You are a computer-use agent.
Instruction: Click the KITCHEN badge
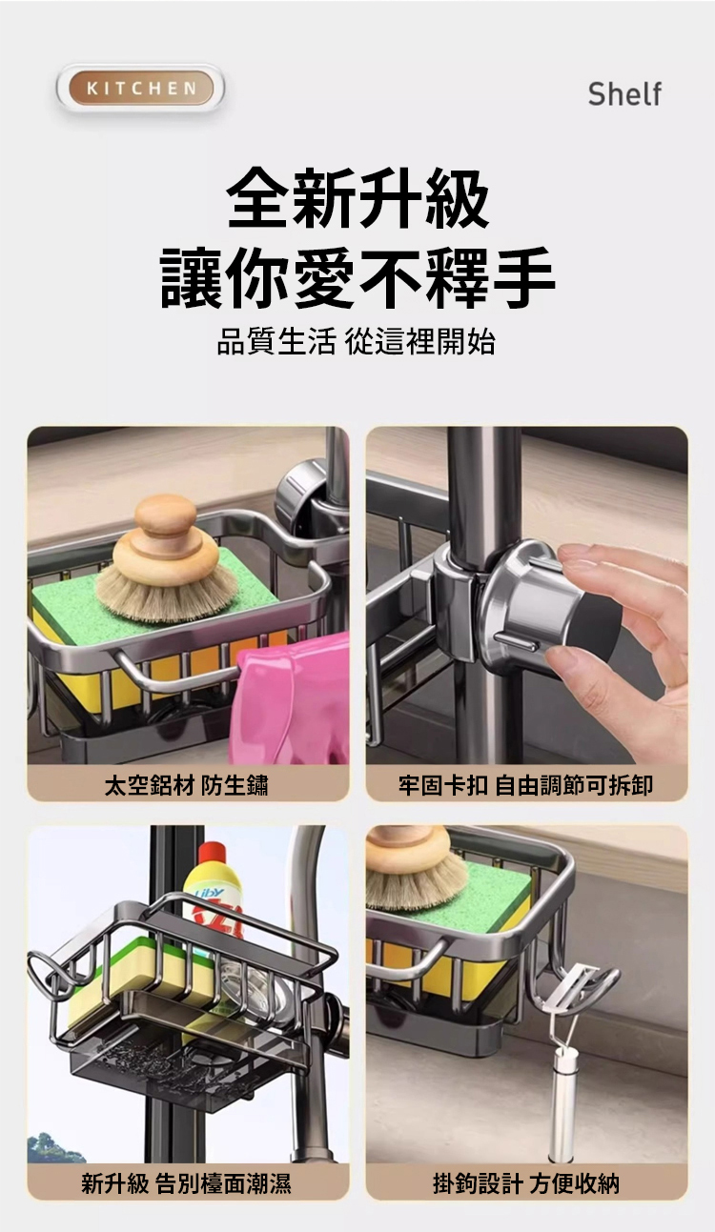[x=141, y=88]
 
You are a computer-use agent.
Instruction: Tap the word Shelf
[x=624, y=94]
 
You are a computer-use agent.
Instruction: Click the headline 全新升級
[x=357, y=198]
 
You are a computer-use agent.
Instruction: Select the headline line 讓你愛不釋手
[x=357, y=278]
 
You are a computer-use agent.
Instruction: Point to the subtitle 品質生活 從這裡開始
[x=357, y=341]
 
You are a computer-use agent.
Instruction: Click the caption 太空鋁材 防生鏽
[x=187, y=784]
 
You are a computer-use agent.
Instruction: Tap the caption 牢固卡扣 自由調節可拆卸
[x=525, y=784]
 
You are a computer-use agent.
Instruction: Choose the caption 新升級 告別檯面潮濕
[x=187, y=1183]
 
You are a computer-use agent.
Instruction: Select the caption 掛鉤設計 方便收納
[x=525, y=1183]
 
